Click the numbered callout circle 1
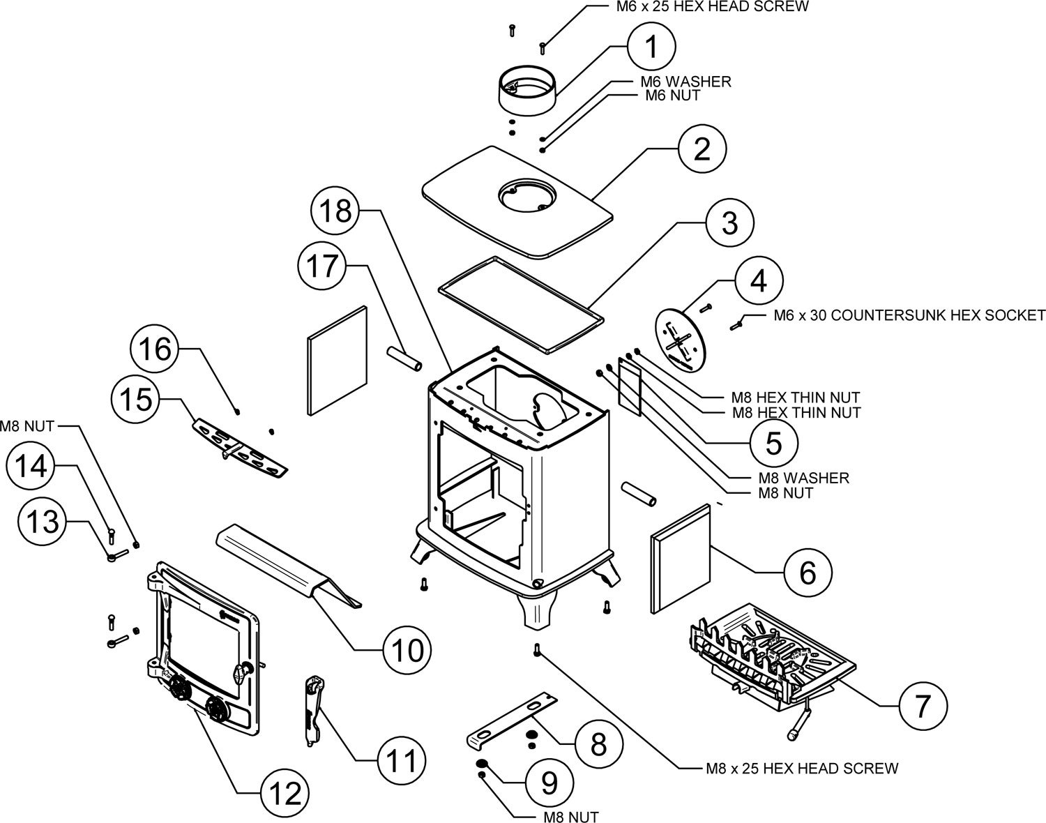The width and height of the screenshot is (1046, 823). click(651, 47)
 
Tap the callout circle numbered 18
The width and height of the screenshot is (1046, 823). click(336, 211)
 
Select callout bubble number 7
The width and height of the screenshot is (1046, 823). click(923, 705)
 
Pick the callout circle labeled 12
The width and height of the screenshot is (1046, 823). click(285, 793)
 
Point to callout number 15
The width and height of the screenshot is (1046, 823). click(136, 400)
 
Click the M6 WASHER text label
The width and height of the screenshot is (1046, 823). click(685, 82)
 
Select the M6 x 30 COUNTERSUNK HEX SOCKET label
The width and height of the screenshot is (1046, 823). click(909, 315)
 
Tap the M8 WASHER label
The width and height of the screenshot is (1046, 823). click(804, 478)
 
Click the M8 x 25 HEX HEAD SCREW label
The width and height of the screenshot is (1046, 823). click(802, 768)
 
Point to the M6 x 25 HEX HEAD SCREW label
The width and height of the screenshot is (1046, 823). click(713, 7)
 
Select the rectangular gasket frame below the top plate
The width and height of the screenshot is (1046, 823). click(521, 304)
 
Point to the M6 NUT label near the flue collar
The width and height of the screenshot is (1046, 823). click(673, 96)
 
